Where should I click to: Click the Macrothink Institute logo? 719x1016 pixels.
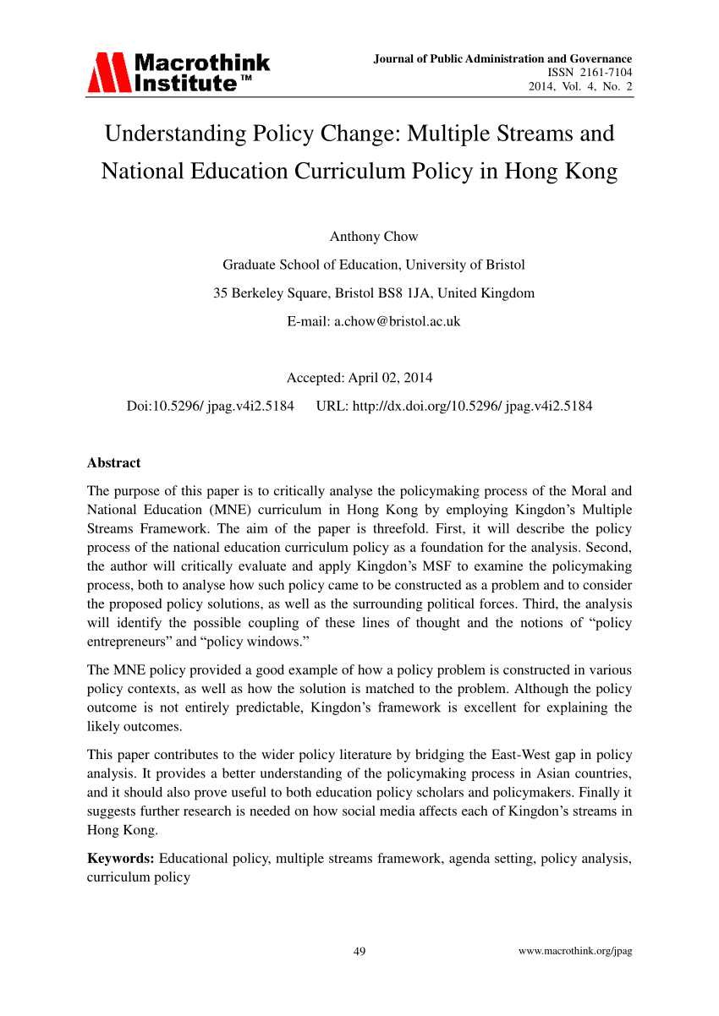click(178, 72)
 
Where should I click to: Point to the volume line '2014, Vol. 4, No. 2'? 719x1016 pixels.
click(580, 87)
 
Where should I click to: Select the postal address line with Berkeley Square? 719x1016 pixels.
click(373, 293)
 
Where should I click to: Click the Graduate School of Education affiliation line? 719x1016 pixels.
click(373, 265)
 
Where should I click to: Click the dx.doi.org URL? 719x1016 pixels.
click(454, 406)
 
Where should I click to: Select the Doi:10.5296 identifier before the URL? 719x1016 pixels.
click(210, 406)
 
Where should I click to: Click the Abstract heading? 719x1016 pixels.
click(114, 462)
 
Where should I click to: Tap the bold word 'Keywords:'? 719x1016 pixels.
click(121, 859)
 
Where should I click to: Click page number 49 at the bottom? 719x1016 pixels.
click(359, 952)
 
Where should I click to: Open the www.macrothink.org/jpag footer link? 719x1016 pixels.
click(574, 952)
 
